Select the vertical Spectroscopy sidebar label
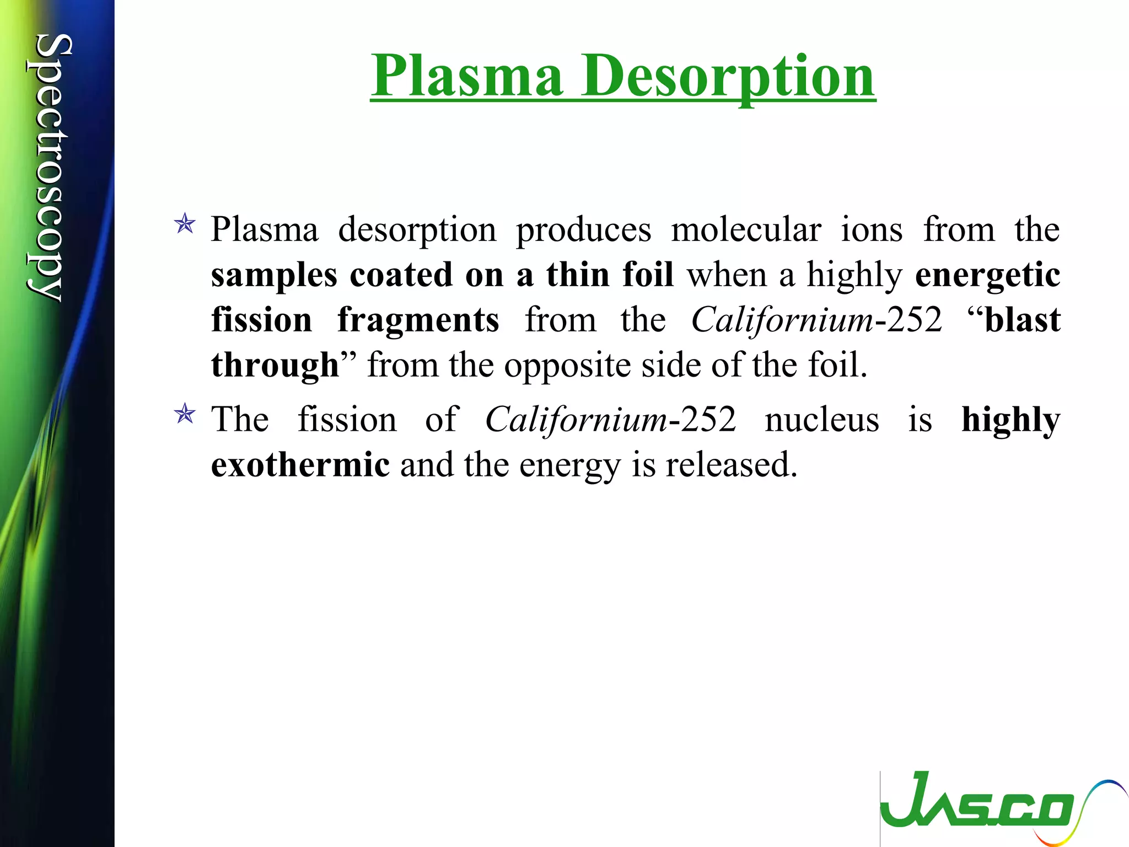(x=49, y=168)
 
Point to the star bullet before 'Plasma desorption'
(x=184, y=225)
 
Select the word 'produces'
(x=583, y=230)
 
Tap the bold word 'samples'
(x=274, y=276)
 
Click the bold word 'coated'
(x=401, y=275)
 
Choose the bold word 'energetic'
(x=987, y=276)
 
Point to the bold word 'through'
(x=275, y=366)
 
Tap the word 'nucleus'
(x=821, y=420)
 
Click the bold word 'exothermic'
(x=300, y=465)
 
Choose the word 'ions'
(x=872, y=229)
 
